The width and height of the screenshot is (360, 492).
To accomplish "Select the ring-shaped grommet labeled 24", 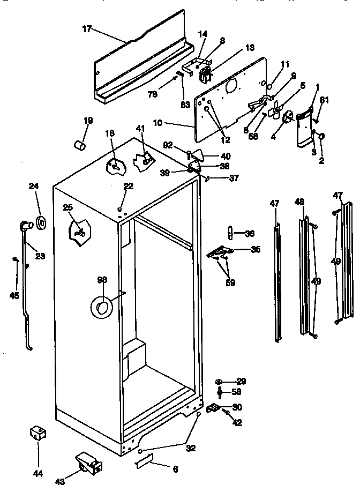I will coord(41,221).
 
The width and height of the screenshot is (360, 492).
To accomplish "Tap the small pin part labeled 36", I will coord(230,233).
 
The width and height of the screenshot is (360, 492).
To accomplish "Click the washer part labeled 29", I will coord(220,382).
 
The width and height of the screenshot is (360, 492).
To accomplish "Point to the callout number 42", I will coord(237,423).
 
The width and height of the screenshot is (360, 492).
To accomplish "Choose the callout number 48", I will coord(299,202).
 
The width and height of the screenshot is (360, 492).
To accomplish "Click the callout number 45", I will coord(14,295).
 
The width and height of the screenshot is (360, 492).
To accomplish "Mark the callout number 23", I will coord(40,256).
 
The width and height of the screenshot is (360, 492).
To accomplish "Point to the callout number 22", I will coord(128,185).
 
